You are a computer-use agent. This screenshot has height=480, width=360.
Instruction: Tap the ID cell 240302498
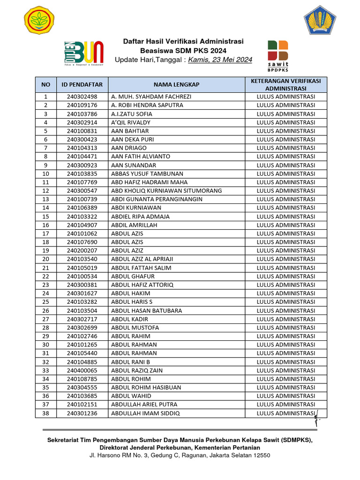[x=82, y=97]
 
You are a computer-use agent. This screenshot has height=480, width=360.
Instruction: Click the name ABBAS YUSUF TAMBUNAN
[x=141, y=173]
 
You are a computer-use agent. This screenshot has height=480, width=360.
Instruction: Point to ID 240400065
[x=82, y=370]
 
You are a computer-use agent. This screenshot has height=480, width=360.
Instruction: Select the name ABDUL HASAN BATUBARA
[x=147, y=310]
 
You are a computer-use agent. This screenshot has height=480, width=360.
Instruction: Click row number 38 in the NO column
[x=45, y=413]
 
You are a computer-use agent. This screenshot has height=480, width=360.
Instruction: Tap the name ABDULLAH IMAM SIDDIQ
[x=145, y=413]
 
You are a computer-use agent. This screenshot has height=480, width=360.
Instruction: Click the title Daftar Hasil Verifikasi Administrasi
[x=183, y=41]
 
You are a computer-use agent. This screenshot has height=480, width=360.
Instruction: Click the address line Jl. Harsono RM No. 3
[x=180, y=455]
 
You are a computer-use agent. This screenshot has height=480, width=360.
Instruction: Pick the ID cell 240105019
[x=82, y=268]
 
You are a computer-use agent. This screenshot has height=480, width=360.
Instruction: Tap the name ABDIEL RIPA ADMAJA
[x=140, y=217]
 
